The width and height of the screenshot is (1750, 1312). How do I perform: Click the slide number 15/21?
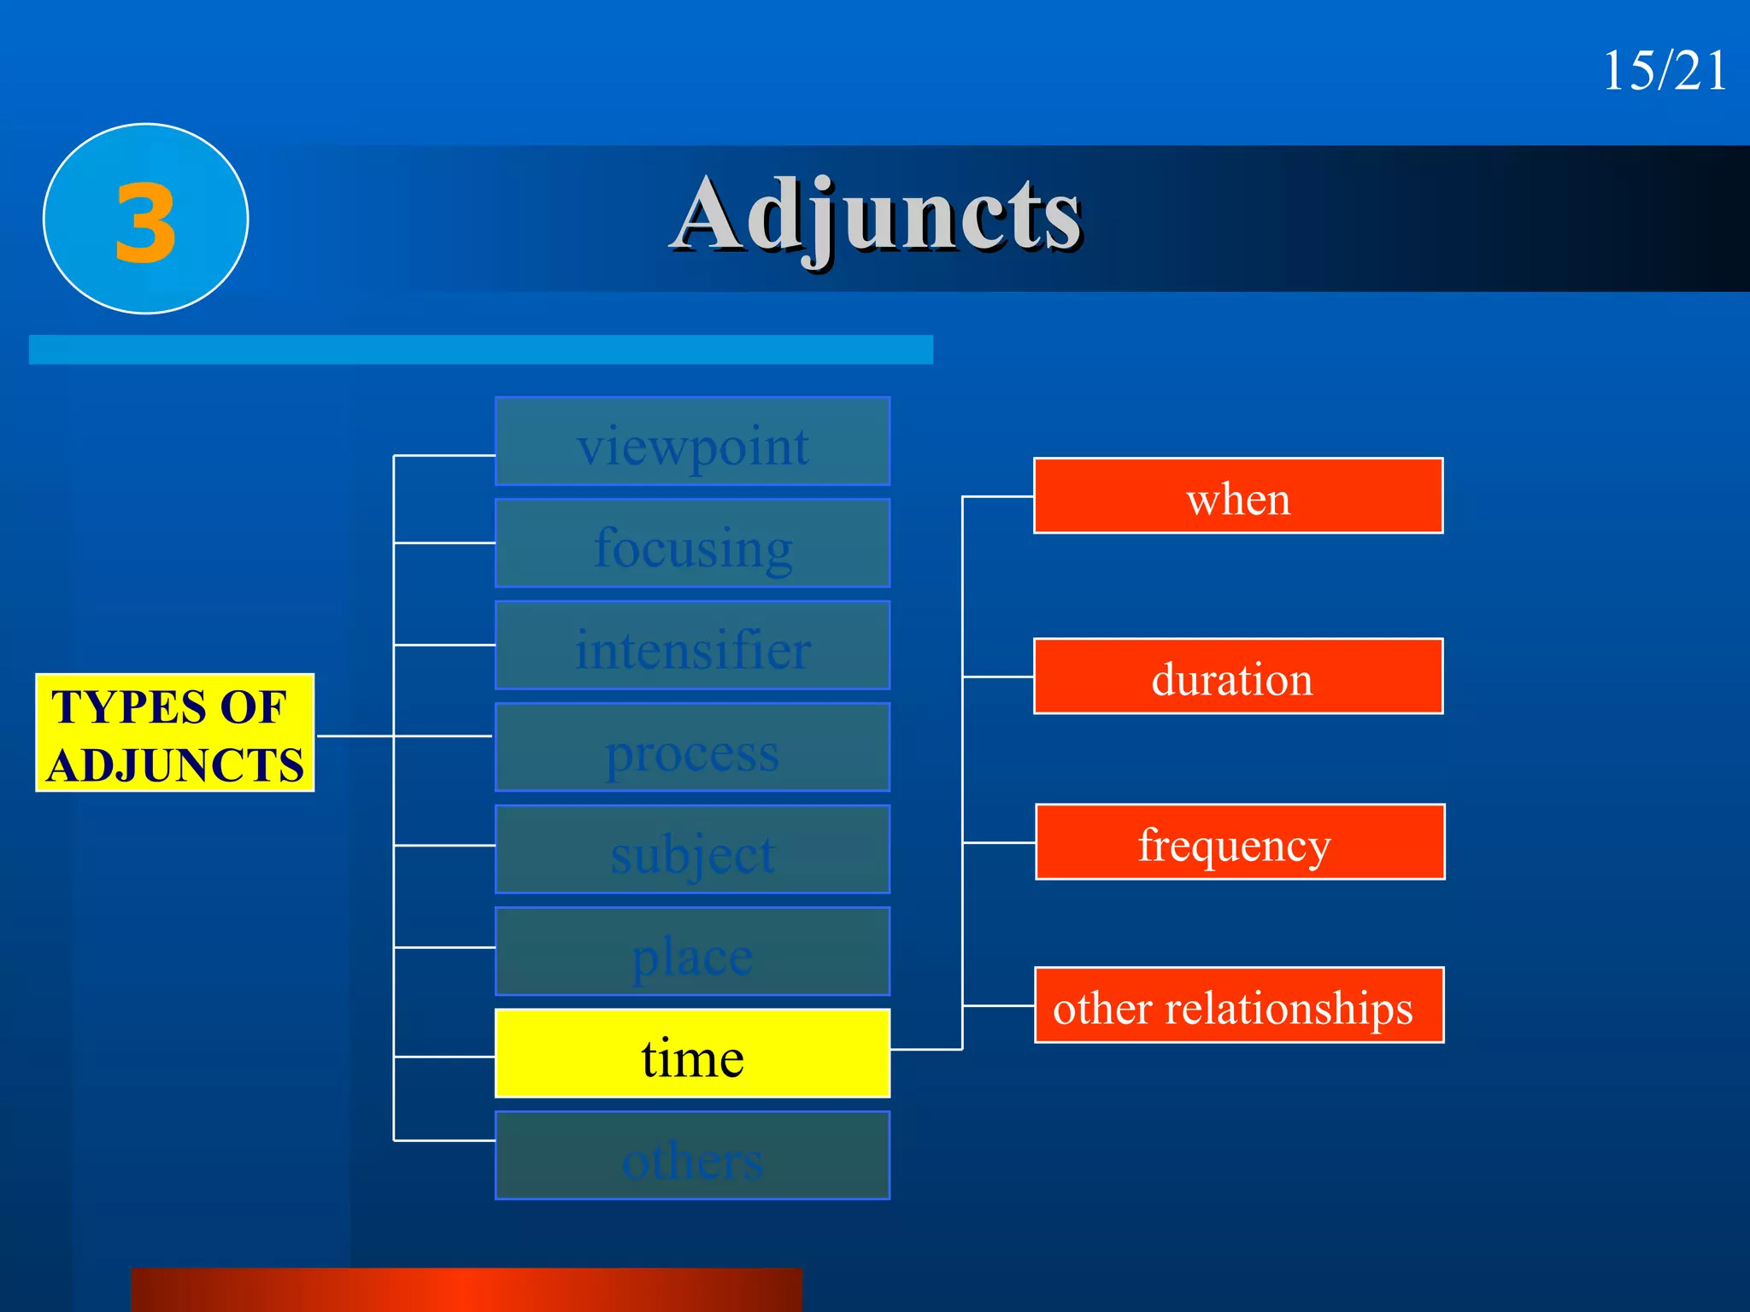click(x=1664, y=71)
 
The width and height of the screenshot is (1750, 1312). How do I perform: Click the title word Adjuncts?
click(x=877, y=215)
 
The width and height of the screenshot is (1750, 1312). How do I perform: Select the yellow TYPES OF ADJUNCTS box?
click(x=174, y=733)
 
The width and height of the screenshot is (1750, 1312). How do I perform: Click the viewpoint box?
click(x=692, y=442)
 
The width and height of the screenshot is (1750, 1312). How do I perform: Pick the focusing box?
click(x=692, y=543)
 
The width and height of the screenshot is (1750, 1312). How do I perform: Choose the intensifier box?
click(x=692, y=646)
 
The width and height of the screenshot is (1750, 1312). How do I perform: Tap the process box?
click(x=692, y=747)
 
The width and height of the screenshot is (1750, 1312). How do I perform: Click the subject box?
click(x=692, y=850)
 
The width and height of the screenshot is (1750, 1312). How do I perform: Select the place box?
click(x=692, y=952)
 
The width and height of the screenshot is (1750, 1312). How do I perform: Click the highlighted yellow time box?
click(x=692, y=1054)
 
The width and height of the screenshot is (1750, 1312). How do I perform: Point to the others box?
click(x=692, y=1156)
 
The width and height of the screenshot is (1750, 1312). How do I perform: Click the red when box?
click(x=1238, y=496)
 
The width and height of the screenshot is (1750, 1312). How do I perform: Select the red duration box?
click(x=1238, y=676)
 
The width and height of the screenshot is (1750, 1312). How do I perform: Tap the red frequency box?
click(x=1240, y=842)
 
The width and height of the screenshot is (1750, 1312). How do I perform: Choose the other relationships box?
click(x=1239, y=1005)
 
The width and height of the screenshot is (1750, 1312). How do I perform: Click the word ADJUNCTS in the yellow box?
click(x=175, y=764)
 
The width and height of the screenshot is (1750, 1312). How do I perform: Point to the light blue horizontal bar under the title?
click(x=480, y=350)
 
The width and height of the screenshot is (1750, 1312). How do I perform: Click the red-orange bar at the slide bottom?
click(x=467, y=1290)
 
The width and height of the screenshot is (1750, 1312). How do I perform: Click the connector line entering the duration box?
click(x=998, y=676)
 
